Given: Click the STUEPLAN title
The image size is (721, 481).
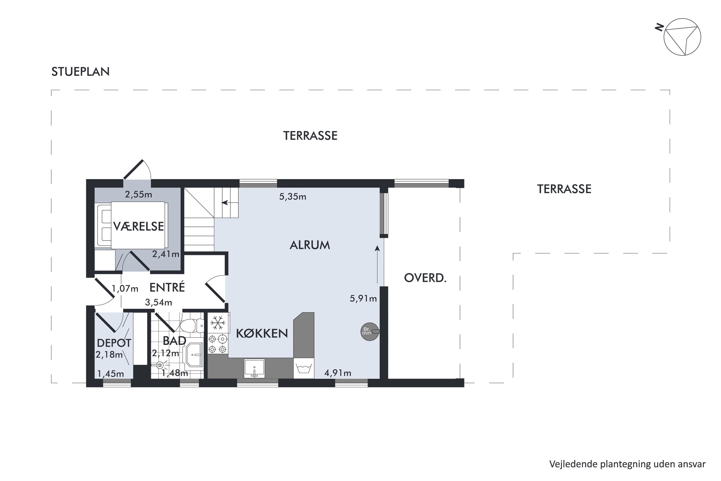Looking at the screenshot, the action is (x=80, y=72).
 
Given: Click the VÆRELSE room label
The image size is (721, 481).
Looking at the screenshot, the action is (x=139, y=226).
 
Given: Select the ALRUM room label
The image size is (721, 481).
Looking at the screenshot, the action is (x=310, y=245).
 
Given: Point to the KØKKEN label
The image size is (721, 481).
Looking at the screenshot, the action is (x=262, y=333).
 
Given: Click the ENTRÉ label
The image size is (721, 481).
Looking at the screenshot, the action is (x=167, y=287).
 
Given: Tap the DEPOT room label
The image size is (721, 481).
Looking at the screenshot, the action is (x=114, y=343).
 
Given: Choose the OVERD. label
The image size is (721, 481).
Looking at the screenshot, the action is (x=425, y=278).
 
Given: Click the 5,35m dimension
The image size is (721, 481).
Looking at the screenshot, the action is (x=293, y=197).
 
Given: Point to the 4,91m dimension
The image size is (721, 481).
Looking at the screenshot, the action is (x=338, y=373).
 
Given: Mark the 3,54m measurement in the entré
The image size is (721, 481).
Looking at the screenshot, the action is (x=158, y=303).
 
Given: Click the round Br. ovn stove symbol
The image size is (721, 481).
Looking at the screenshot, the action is (x=370, y=332).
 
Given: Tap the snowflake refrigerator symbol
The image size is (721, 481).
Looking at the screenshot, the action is (x=218, y=323).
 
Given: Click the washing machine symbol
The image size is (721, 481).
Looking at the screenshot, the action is (x=304, y=368).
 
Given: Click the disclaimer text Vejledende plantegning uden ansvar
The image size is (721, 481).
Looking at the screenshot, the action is (x=627, y=464).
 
